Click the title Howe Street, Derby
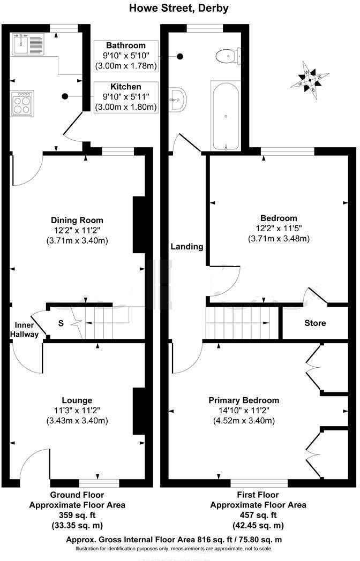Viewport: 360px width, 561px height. [x=179, y=8]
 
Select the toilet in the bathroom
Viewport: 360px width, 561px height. [x=227, y=54]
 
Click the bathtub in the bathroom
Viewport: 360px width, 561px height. [x=227, y=116]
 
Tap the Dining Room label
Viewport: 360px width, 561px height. [x=77, y=220]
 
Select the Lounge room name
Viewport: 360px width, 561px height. [x=77, y=400]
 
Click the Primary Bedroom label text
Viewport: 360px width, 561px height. [x=244, y=400]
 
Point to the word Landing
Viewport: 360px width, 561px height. [x=187, y=247]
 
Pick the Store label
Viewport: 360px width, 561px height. [x=315, y=323]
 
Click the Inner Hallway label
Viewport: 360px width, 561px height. [x=26, y=330]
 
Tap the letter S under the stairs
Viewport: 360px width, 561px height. [x=61, y=323]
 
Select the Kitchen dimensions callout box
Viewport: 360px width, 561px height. [x=126, y=97]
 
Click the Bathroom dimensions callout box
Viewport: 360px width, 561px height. [x=126, y=56]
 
